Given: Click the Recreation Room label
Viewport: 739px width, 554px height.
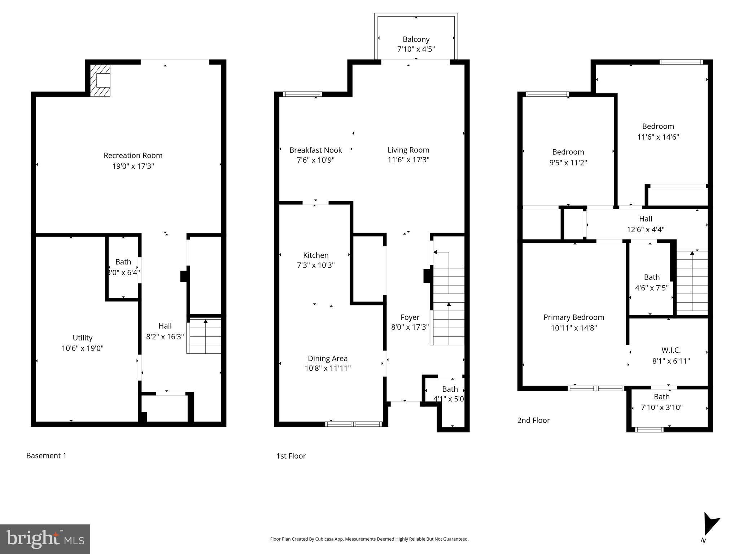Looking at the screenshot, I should click(x=133, y=155).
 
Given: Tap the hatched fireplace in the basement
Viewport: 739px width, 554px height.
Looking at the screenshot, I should click(x=100, y=80).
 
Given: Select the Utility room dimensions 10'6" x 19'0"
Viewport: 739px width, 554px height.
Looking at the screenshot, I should click(x=82, y=348).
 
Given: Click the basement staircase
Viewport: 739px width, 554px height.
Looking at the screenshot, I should click(x=204, y=336).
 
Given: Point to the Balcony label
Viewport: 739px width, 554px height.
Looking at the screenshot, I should click(x=416, y=39).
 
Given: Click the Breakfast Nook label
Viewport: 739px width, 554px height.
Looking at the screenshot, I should click(x=315, y=150).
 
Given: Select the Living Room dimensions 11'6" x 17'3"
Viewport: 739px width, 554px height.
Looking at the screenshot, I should click(x=408, y=160).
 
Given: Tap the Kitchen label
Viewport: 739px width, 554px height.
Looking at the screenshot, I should click(x=316, y=255).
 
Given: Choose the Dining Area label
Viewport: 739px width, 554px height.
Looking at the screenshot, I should click(x=327, y=358).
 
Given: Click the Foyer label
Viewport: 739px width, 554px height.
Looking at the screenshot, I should click(x=410, y=317).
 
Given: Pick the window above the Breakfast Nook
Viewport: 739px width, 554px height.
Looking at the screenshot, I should click(x=302, y=94).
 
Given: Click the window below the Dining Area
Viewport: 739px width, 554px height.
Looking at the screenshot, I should click(x=353, y=424).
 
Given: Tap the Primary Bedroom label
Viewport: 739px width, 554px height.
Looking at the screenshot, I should click(x=574, y=317).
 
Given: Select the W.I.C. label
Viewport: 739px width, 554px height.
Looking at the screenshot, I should click(x=671, y=350).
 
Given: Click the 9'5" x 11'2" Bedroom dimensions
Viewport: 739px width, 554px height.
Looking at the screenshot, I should click(x=568, y=163).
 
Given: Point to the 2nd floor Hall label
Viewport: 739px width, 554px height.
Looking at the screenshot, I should click(x=646, y=219).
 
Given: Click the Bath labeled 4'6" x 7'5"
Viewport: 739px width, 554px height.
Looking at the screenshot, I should click(x=652, y=277).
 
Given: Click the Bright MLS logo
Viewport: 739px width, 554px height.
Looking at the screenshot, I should click(x=45, y=539).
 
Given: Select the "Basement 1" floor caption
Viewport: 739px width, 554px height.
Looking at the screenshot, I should click(x=46, y=456).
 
